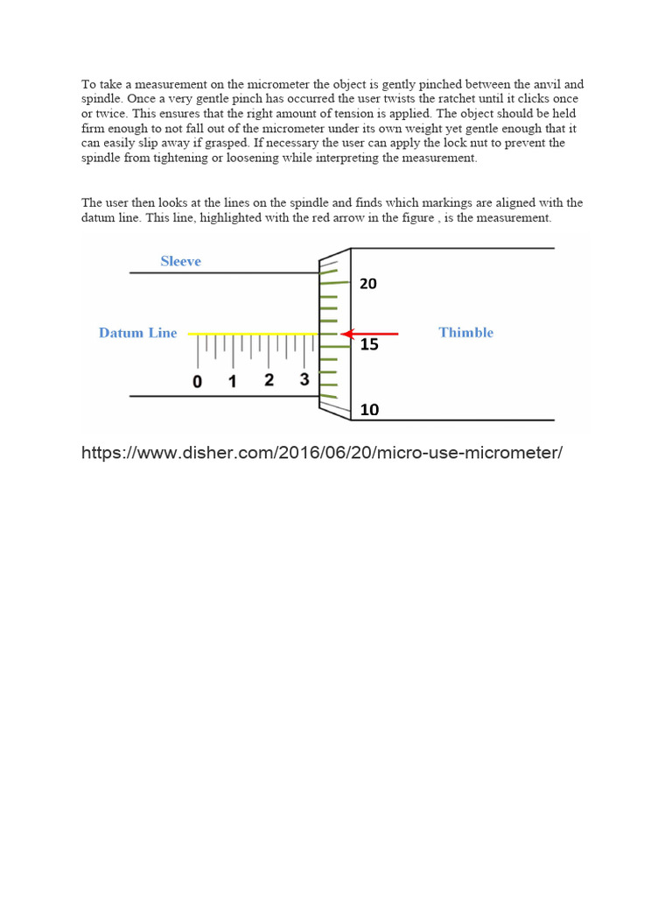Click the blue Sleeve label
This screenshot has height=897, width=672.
click(x=180, y=261)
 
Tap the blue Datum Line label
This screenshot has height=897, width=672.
click(x=137, y=333)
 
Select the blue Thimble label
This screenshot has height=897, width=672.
click(x=465, y=333)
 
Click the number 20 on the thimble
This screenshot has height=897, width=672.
click(x=368, y=284)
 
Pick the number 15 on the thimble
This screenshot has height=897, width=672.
click(x=369, y=345)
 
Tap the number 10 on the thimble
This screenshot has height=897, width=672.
click(x=368, y=410)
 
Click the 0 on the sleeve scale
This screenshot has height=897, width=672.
click(x=197, y=382)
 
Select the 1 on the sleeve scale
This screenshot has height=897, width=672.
click(x=233, y=382)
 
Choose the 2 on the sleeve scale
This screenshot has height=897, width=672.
click(x=269, y=380)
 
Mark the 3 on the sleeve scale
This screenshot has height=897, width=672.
click(x=304, y=380)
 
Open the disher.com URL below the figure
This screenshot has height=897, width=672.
click(x=322, y=453)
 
